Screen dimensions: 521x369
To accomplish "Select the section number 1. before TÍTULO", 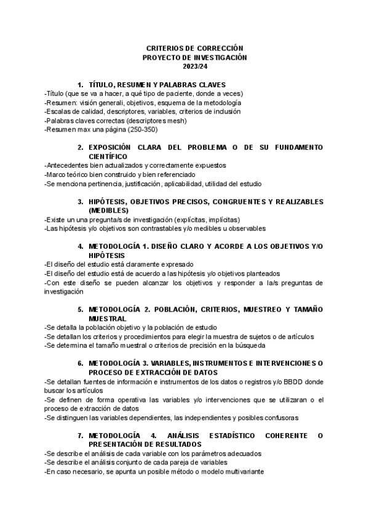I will click(x=81, y=84).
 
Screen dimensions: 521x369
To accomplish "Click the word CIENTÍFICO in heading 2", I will click(x=108, y=157).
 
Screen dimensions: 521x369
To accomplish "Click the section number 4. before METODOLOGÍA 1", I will click(x=81, y=246).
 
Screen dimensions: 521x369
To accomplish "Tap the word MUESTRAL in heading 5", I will click(x=108, y=319).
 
